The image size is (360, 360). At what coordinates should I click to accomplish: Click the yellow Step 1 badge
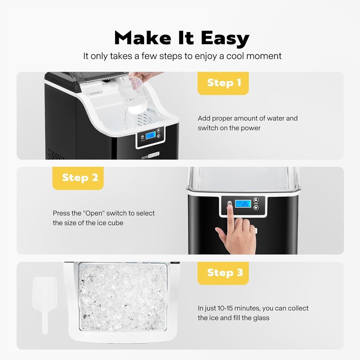tap(223, 83)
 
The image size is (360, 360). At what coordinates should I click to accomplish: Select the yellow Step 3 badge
tap(223, 273)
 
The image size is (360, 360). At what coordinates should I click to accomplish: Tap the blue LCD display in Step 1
tap(150, 136)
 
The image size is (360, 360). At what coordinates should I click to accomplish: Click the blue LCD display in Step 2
tap(243, 203)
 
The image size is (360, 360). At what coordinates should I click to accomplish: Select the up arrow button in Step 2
tap(256, 200)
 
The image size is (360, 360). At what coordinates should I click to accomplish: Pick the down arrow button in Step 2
tap(256, 208)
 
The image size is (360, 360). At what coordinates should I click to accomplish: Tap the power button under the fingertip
tap(229, 204)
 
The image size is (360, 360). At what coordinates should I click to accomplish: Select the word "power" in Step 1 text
tap(251, 128)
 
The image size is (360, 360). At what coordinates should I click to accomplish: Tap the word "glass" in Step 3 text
tap(260, 318)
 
